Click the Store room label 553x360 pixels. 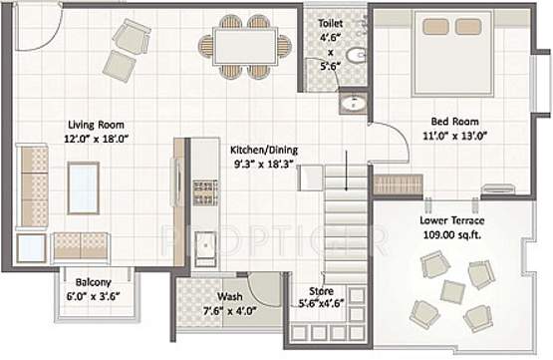(319, 291)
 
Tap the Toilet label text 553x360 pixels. (331, 21)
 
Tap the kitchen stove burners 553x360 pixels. (204, 188)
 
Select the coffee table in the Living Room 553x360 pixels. (83, 186)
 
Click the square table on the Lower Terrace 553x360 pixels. (453, 291)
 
